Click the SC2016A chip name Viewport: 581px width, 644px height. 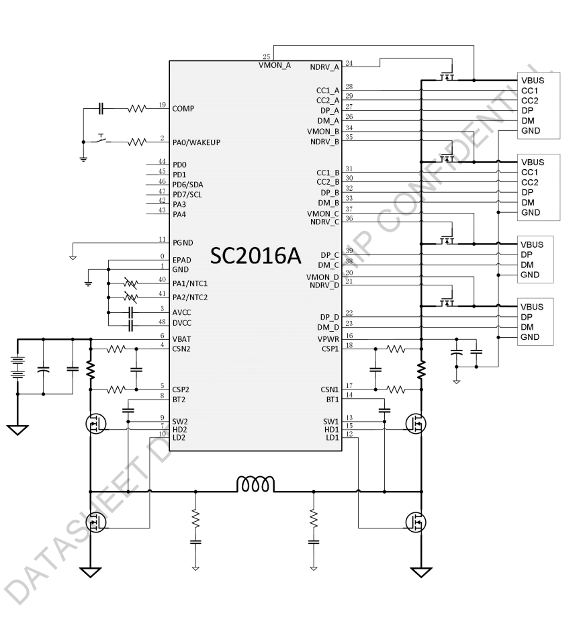[x=255, y=256]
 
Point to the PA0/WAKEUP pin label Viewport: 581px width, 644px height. [x=196, y=142]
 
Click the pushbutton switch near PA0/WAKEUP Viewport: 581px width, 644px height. [x=100, y=139]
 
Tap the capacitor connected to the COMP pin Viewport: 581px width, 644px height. [x=101, y=107]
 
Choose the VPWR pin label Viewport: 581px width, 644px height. [x=328, y=339]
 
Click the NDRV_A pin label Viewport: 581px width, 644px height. [x=325, y=67]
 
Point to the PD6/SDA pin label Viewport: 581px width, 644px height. [x=187, y=185]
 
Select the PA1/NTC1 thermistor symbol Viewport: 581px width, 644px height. [x=131, y=284]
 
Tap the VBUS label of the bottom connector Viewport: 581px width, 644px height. [x=532, y=307]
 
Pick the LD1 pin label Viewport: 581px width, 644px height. [x=332, y=438]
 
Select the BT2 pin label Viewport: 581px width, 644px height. [x=179, y=400]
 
